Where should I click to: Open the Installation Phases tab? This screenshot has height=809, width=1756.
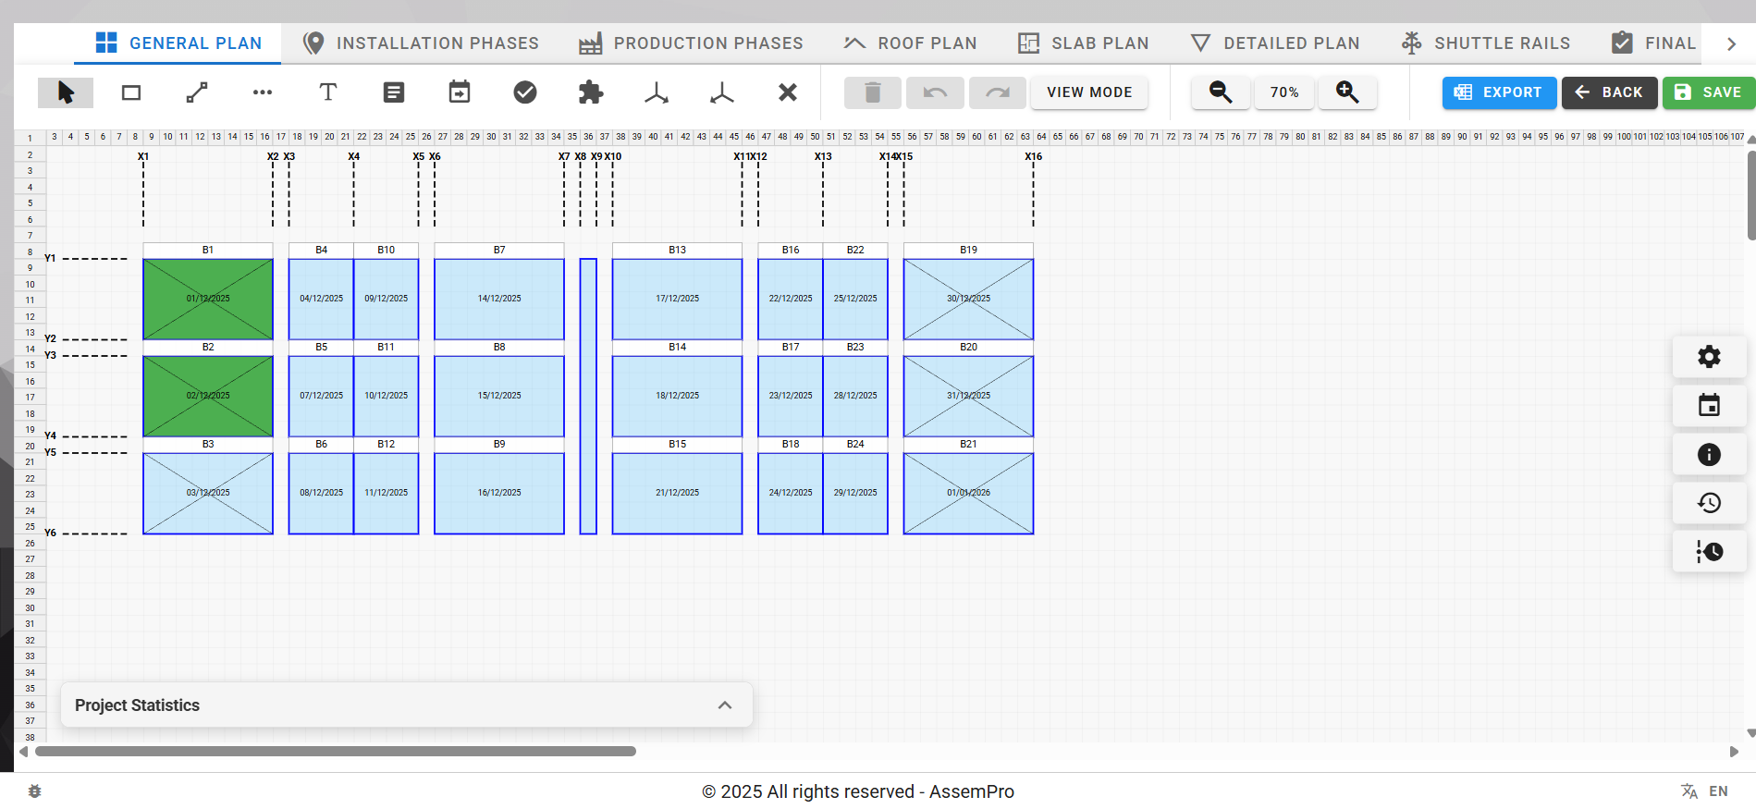(x=421, y=43)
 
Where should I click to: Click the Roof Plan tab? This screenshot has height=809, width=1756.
(x=910, y=43)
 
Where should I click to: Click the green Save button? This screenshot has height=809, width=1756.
(x=1708, y=92)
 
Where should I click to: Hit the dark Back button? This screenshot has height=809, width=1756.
(x=1609, y=92)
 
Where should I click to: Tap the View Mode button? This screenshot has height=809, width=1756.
(x=1088, y=92)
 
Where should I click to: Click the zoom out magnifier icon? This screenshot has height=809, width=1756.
(x=1220, y=92)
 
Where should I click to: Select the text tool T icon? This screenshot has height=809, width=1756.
(x=327, y=92)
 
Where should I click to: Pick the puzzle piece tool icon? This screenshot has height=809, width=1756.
(x=590, y=92)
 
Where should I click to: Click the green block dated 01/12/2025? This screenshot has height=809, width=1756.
(x=207, y=299)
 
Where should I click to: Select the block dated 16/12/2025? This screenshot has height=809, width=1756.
(x=498, y=493)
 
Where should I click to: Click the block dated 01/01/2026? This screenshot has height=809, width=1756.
(x=967, y=493)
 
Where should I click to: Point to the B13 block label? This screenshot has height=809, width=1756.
(x=677, y=251)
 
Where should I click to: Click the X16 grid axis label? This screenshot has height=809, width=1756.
(x=1033, y=156)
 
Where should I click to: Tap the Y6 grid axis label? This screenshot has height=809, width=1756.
(x=50, y=533)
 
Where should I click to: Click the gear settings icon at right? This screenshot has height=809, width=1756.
(x=1708, y=357)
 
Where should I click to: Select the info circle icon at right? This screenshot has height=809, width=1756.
(x=1708, y=454)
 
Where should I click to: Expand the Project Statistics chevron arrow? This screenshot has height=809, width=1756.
(x=724, y=705)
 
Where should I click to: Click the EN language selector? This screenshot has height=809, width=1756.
(x=1717, y=791)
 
